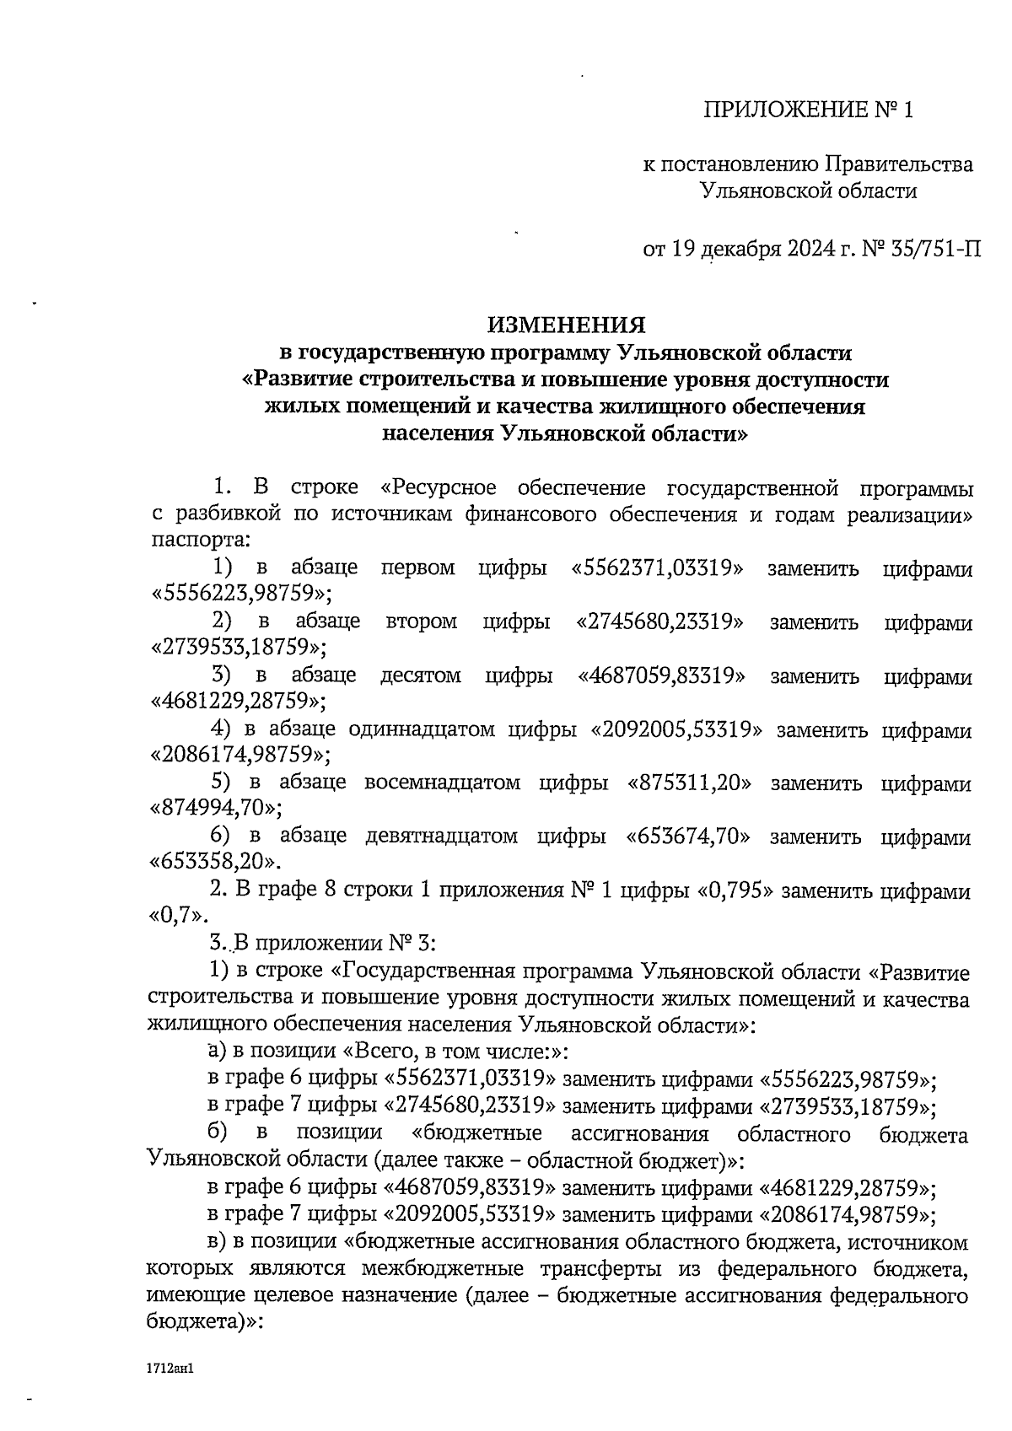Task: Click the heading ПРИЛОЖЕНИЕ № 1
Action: [809, 110]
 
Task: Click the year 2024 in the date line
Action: [818, 249]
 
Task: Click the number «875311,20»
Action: [690, 783]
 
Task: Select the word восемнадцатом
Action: [442, 783]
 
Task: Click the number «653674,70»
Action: [688, 837]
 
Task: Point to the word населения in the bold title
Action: [438, 435]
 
